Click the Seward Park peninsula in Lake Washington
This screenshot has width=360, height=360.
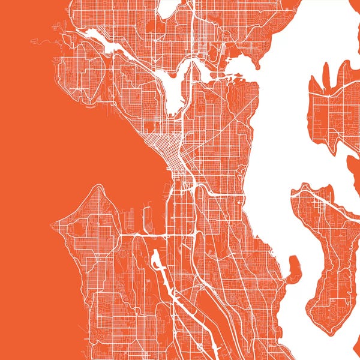click(x=295, y=267)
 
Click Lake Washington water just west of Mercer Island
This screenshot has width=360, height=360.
click(x=270, y=198)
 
